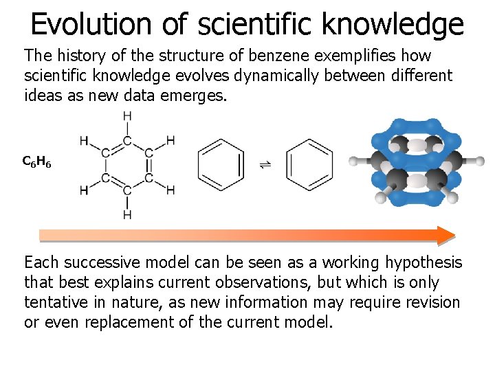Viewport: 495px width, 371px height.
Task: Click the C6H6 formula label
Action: pos(36,162)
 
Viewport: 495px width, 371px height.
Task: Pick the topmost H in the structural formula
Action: pos(127,116)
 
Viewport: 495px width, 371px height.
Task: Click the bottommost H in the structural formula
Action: pos(127,215)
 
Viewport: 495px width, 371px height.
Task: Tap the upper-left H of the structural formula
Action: pos(84,141)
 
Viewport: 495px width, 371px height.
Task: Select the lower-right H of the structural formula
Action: pos(170,190)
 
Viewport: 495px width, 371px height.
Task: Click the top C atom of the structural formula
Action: pos(127,141)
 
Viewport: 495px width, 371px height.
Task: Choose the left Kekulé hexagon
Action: pos(221,165)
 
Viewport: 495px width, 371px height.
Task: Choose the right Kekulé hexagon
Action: pos(309,165)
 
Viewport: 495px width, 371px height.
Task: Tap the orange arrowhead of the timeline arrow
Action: pos(445,235)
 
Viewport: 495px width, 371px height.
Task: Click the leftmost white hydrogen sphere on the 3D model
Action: pos(354,161)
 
